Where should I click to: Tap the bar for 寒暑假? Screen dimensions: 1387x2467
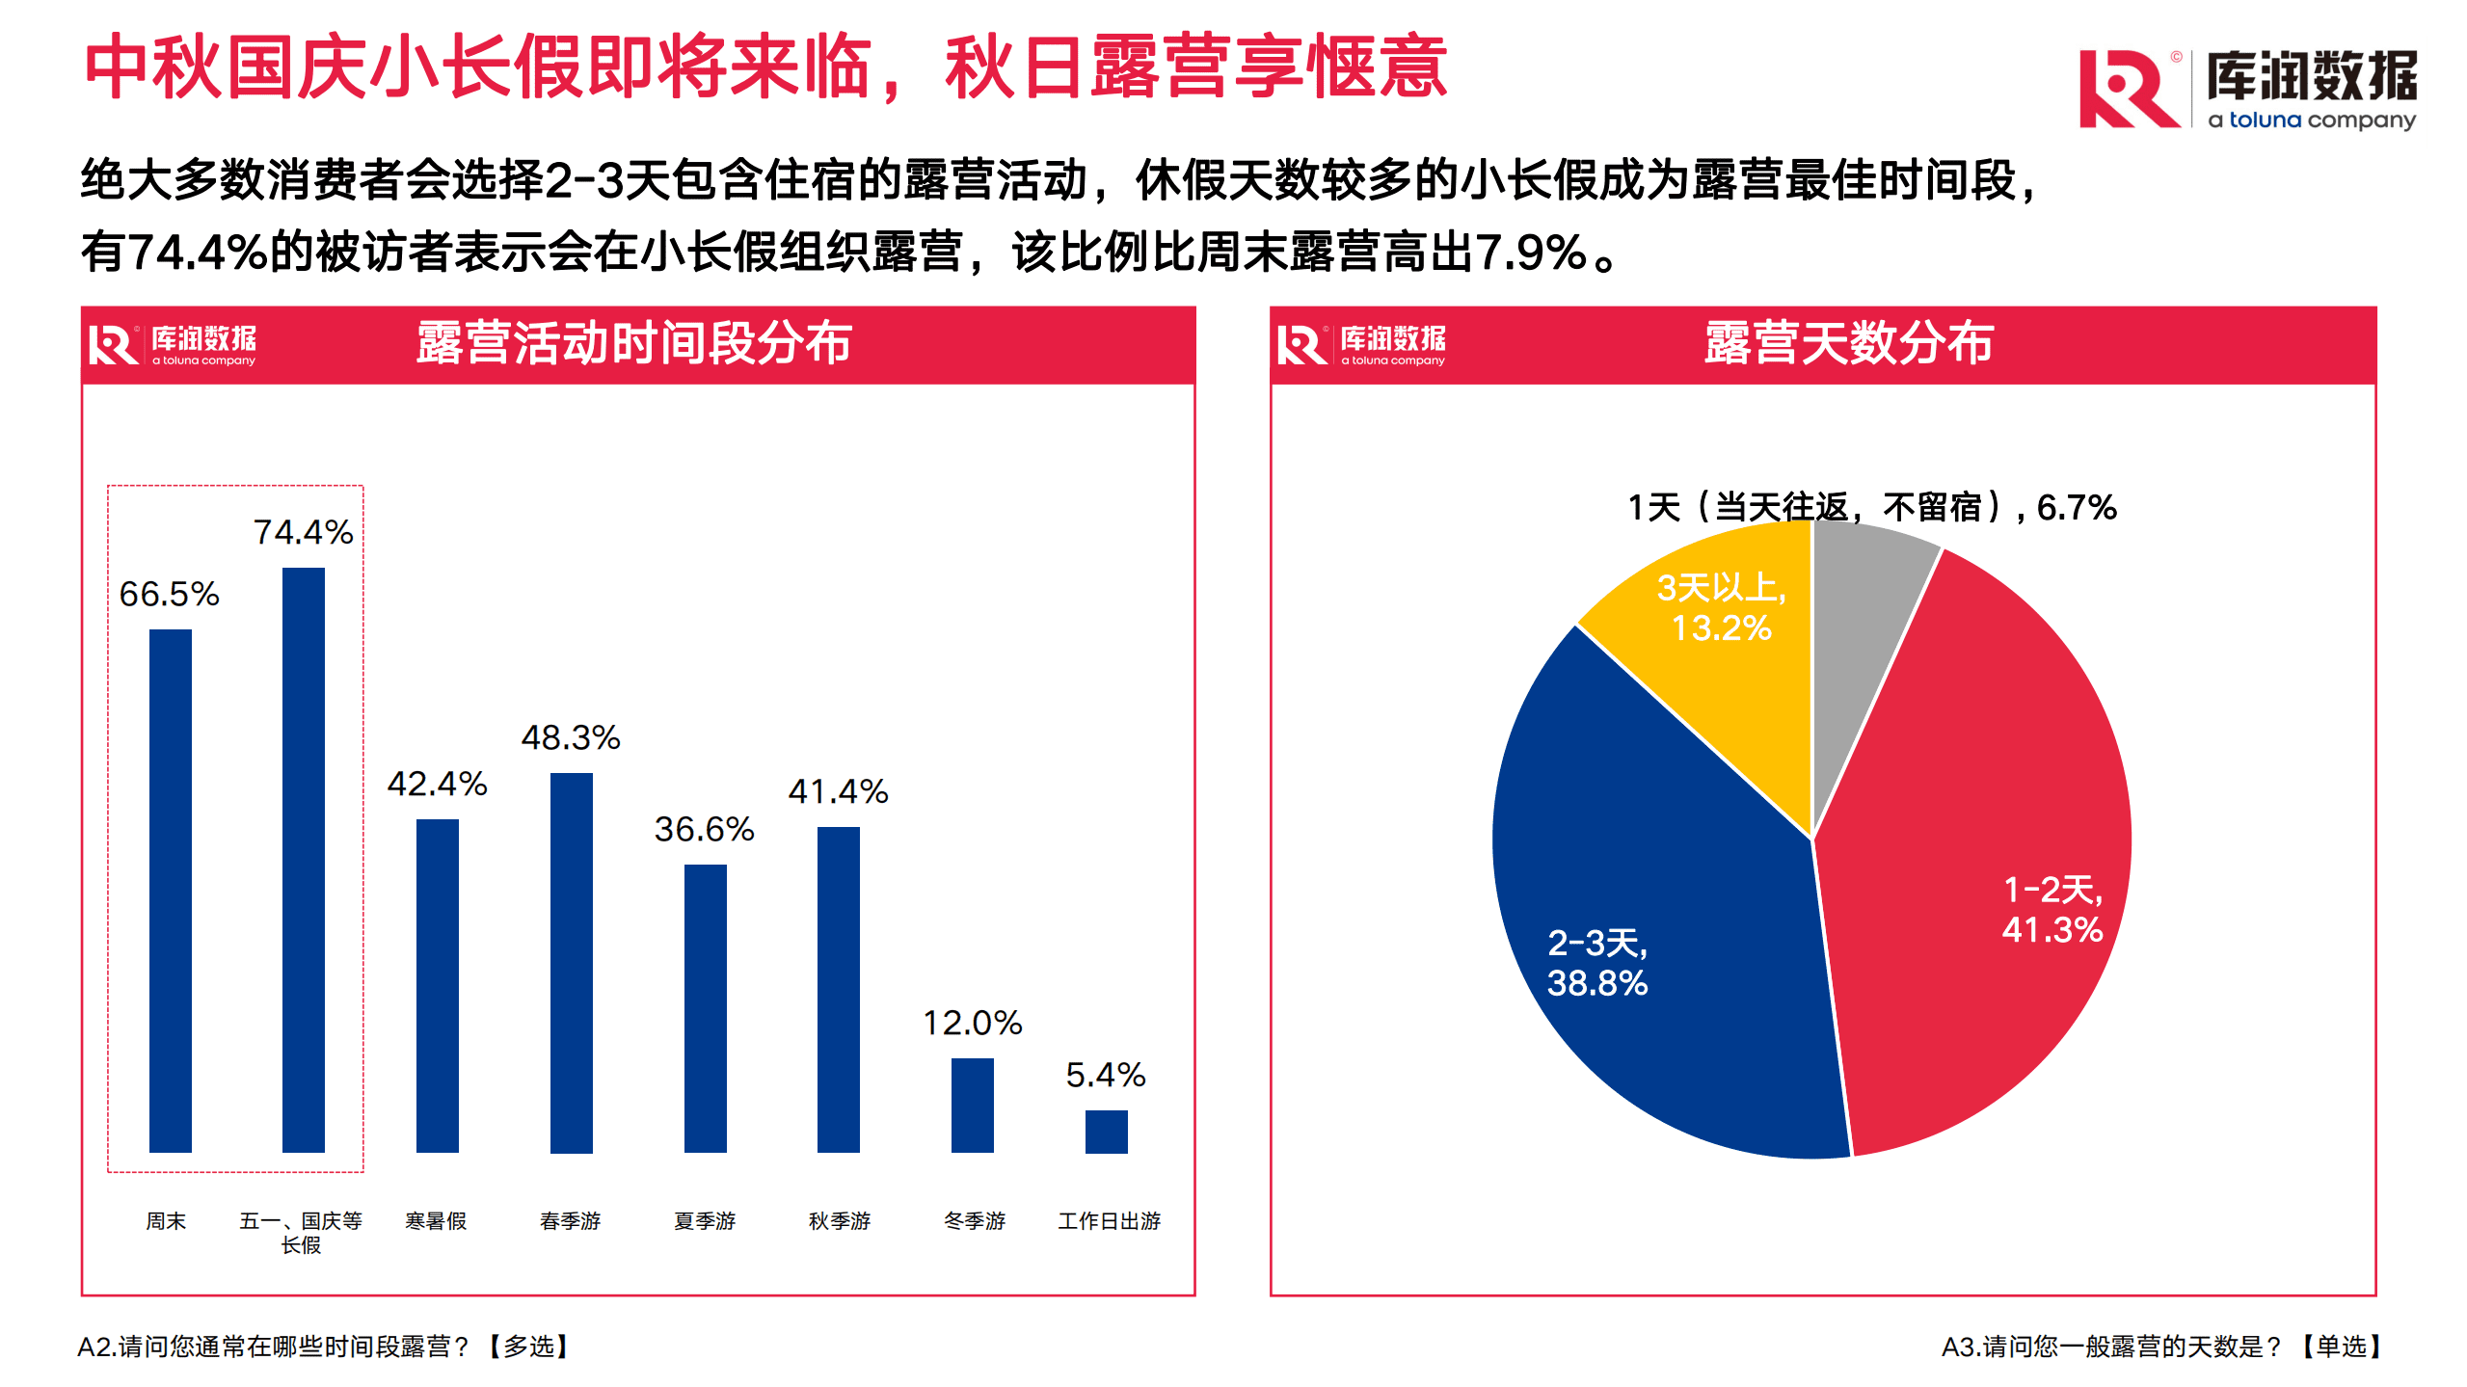coord(438,985)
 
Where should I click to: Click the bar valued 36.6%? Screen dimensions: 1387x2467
coord(706,1007)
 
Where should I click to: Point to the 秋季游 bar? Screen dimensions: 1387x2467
coord(839,989)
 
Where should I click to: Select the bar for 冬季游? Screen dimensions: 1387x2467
coord(973,1105)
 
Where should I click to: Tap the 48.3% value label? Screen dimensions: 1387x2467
coord(571,738)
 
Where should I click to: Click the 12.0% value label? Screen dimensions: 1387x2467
coord(973,1024)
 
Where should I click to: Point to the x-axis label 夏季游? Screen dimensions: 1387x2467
coord(705,1221)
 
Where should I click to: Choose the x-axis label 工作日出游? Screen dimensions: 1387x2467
coord(1110,1221)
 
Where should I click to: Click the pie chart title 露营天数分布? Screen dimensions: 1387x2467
coord(1848,343)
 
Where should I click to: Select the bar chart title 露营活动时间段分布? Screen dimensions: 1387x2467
coord(634,343)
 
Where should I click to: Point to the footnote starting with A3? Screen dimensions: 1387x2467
coord(2160,1347)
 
